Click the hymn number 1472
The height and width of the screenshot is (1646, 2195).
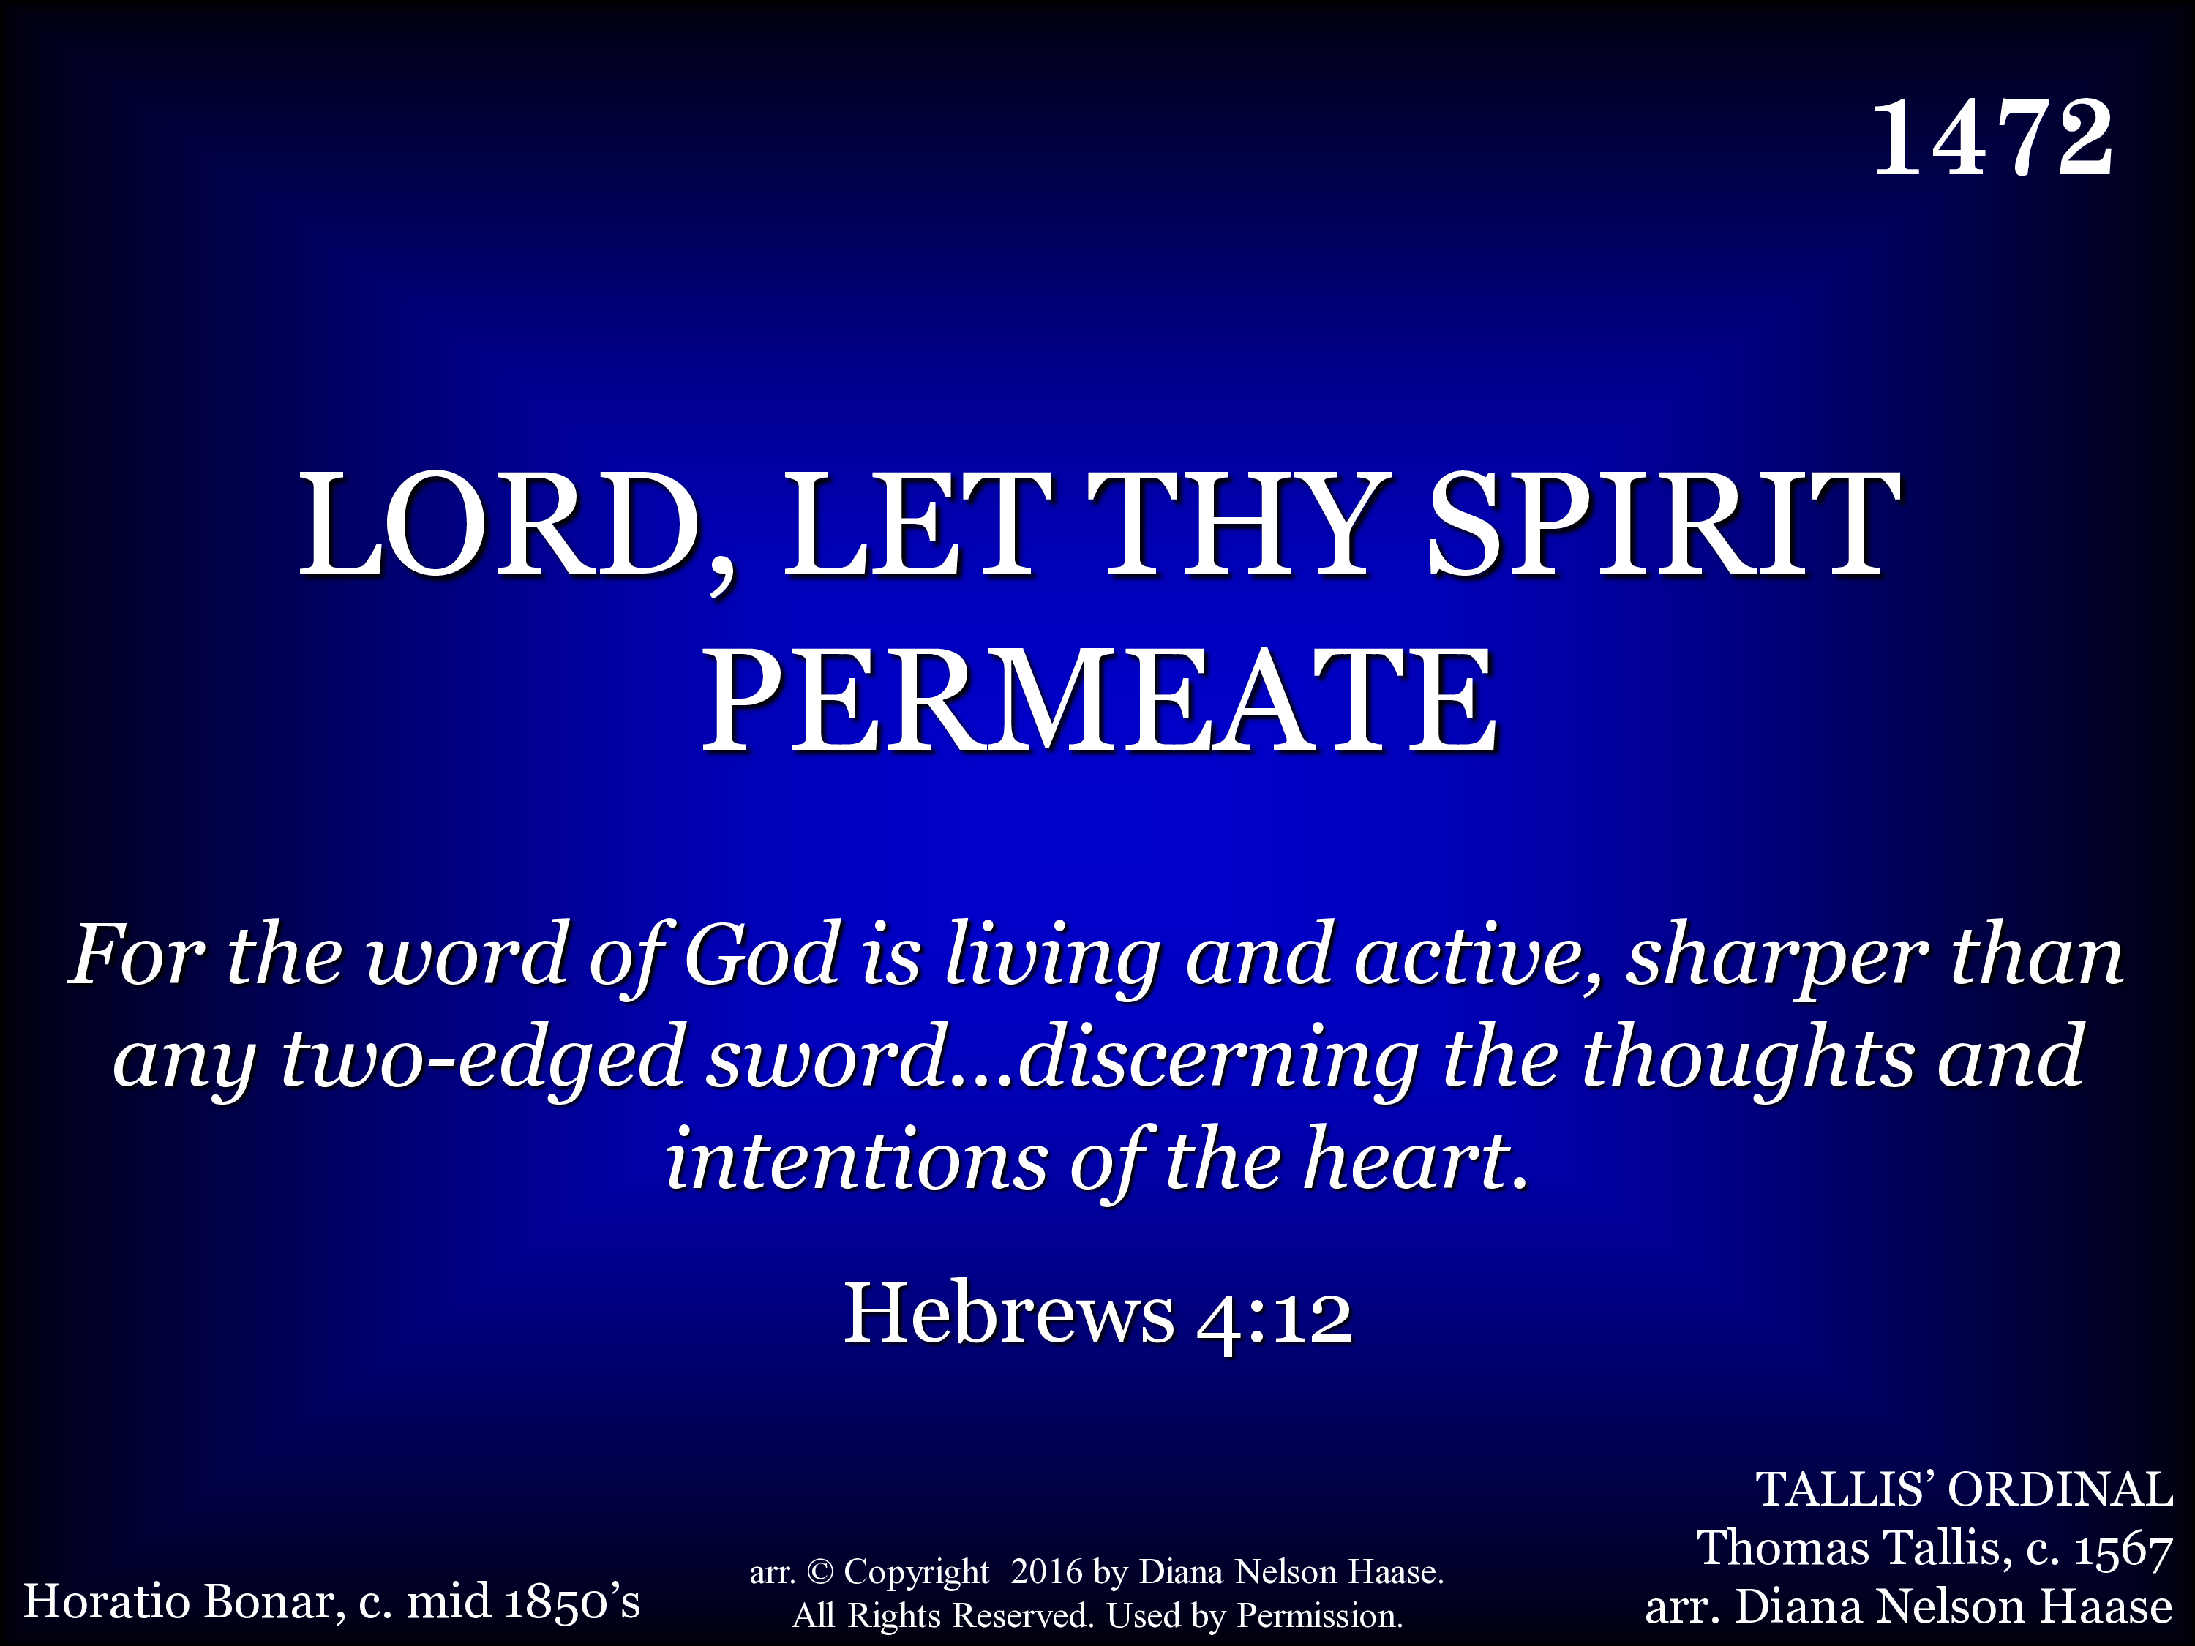tap(1992, 138)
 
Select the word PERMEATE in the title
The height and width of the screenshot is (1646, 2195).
tap(1100, 699)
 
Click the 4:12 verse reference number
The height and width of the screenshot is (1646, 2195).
tap(1275, 1317)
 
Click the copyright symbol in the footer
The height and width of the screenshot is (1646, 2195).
tap(819, 1571)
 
